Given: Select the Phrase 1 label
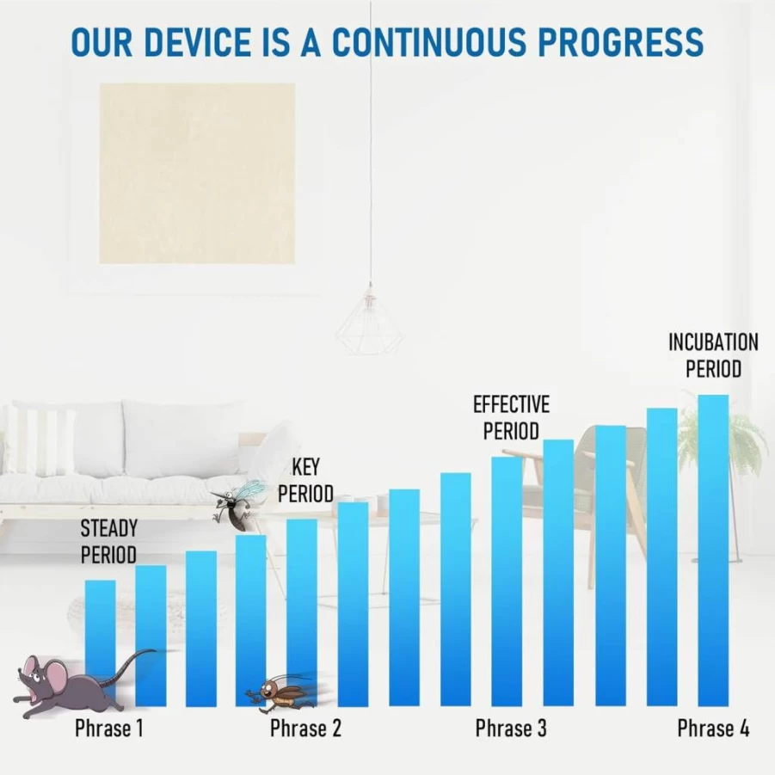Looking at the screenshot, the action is [x=108, y=728].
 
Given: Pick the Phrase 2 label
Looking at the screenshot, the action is [x=305, y=728].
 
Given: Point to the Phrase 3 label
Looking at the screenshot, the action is [x=511, y=728].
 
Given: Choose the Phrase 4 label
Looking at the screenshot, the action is [x=713, y=728].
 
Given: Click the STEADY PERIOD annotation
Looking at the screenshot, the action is [x=108, y=542].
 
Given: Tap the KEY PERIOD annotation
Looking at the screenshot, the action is [x=305, y=480].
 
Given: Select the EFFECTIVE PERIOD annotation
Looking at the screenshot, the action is [x=511, y=418].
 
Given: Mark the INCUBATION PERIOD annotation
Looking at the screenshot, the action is [x=713, y=355].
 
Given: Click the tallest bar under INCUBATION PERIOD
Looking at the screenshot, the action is [x=713, y=550].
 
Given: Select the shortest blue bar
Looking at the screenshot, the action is [x=101, y=643].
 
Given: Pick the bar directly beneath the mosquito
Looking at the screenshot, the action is [x=251, y=620].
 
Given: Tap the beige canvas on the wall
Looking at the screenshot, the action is [x=197, y=173].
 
